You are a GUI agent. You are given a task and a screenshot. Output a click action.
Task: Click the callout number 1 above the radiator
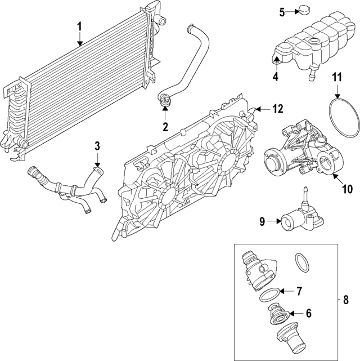79,26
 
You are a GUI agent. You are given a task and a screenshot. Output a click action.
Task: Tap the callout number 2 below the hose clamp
165,127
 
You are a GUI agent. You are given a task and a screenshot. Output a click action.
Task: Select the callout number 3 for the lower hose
97,146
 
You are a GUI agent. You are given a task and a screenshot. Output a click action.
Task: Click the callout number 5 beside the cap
283,11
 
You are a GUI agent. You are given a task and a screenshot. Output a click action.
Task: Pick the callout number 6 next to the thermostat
308,312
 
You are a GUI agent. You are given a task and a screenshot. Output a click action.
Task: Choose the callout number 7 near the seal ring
299,291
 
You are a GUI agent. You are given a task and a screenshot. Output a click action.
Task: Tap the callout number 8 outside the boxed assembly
346,300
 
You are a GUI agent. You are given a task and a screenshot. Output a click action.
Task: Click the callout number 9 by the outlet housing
262,221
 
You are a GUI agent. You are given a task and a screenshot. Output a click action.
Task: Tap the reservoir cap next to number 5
305,11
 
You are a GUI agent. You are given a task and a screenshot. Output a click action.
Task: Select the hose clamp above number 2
165,102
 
